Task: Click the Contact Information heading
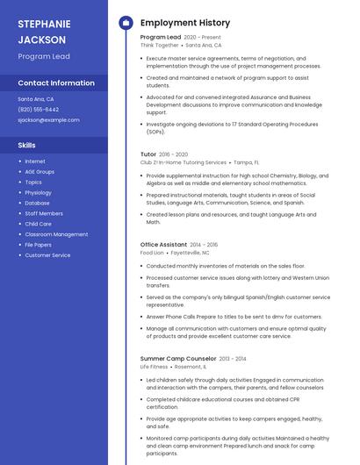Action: point(56,83)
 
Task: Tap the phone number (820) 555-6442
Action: point(39,110)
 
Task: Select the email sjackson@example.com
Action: point(48,120)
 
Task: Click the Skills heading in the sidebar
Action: point(27,145)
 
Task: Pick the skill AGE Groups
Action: point(40,172)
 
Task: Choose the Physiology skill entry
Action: point(38,193)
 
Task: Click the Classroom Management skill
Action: point(56,234)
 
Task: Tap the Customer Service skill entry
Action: point(47,255)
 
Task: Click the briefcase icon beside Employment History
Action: point(126,23)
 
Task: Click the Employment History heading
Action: point(185,23)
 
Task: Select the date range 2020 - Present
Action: point(202,38)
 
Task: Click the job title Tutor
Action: point(148,154)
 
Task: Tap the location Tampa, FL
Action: point(246,162)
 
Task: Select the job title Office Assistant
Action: point(163,245)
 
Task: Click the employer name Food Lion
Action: point(152,253)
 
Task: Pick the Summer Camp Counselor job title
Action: point(177,358)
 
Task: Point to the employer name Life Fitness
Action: point(154,366)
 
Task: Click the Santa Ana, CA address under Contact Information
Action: point(36,99)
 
